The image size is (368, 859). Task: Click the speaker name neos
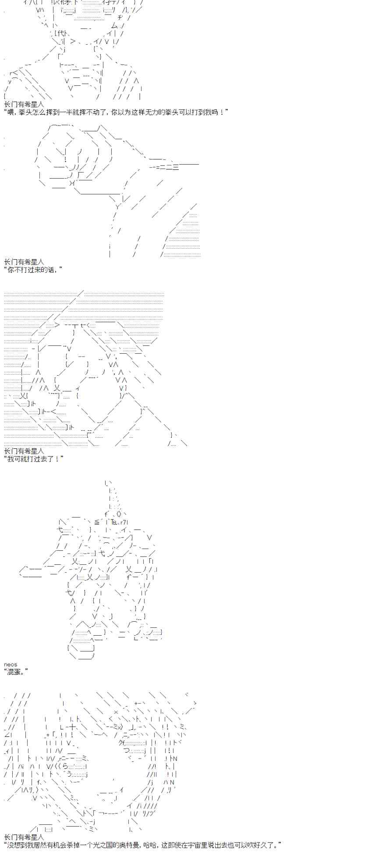pyautogui.click(x=11, y=664)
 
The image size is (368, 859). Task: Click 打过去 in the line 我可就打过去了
pyautogui.click(x=37, y=458)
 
